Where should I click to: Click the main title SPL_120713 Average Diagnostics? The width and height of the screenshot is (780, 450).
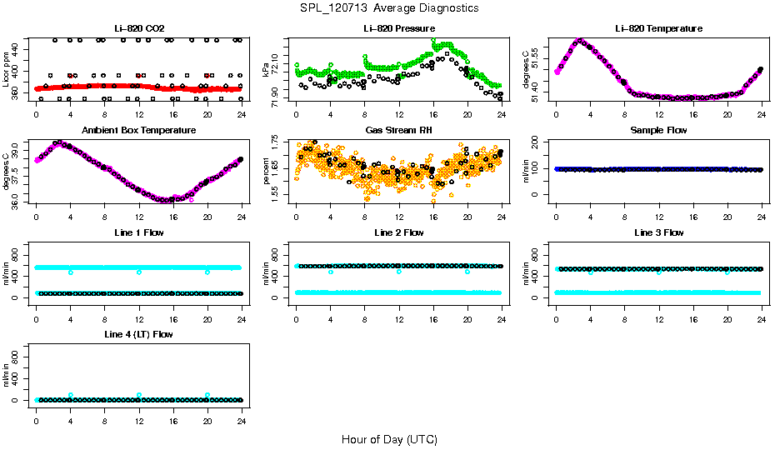[x=390, y=7]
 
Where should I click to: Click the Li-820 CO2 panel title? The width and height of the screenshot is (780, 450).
[x=138, y=29]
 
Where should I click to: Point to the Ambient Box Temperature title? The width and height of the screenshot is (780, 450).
[x=138, y=131]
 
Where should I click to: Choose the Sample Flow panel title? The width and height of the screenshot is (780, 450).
[x=658, y=131]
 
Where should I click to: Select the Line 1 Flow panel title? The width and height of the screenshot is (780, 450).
[x=138, y=232]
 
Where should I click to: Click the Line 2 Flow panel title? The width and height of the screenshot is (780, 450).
[x=398, y=232]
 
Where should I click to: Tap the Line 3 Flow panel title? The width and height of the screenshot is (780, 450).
[x=658, y=232]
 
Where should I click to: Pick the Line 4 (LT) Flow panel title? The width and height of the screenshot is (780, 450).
[x=138, y=334]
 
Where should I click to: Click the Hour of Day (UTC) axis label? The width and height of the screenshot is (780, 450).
[x=389, y=439]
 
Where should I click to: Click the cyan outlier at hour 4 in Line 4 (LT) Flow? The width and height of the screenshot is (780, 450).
[x=71, y=395]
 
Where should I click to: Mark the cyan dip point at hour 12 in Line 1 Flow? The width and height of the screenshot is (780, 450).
[x=139, y=272]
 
